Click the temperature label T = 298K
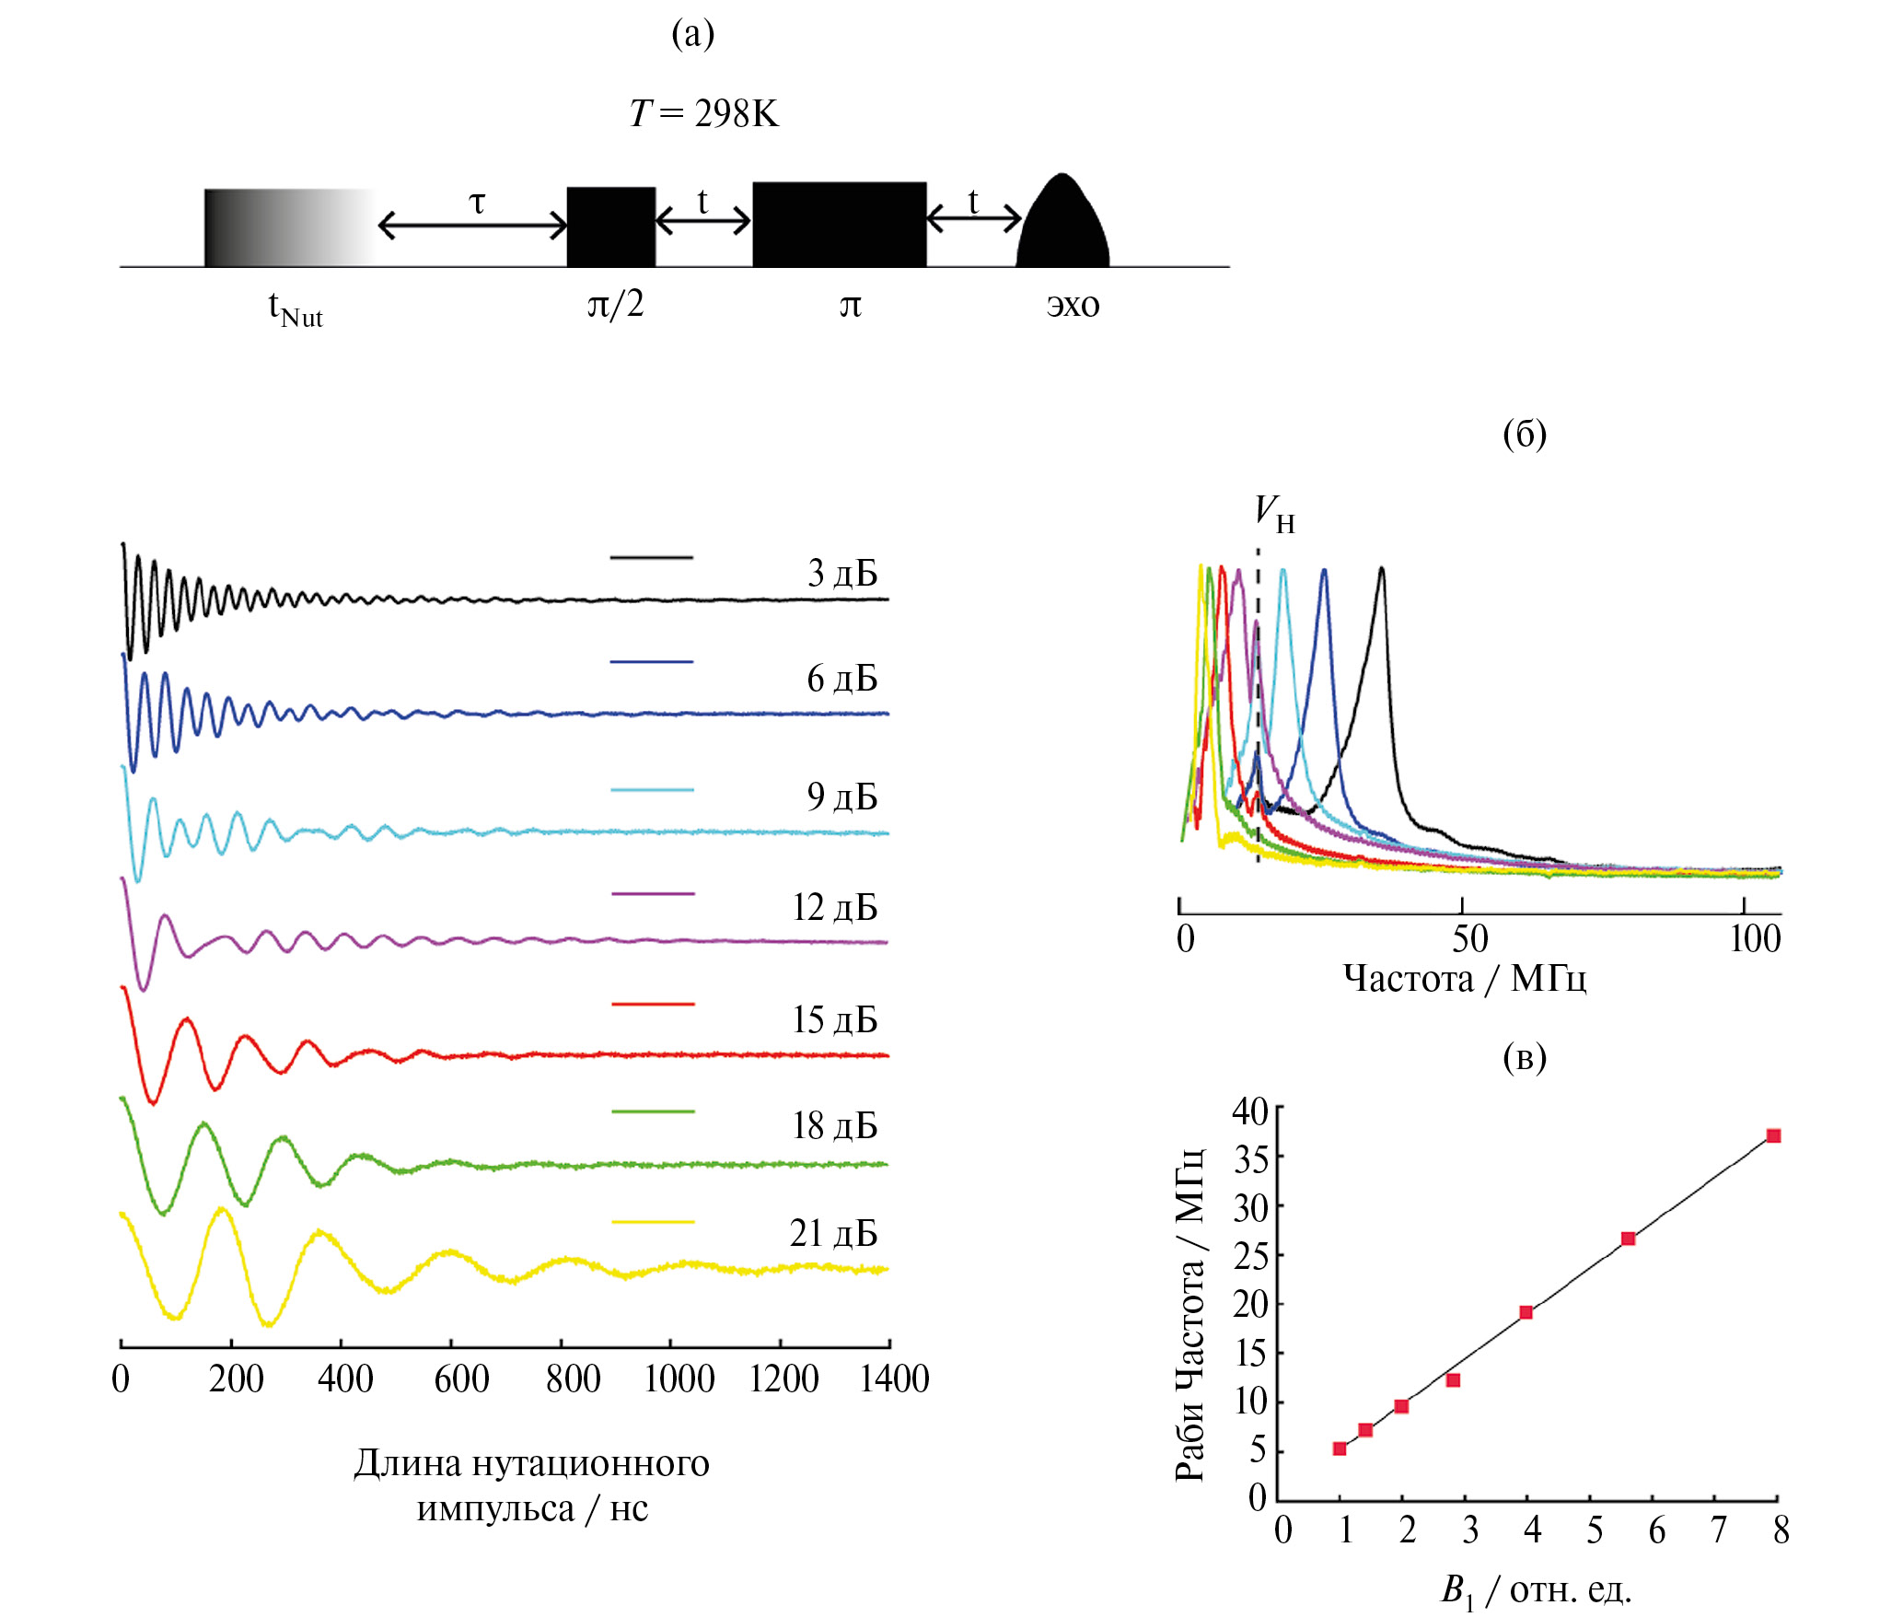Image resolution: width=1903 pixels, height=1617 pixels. pyautogui.click(x=704, y=113)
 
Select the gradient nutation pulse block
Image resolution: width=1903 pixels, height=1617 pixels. pyautogui.click(x=287, y=227)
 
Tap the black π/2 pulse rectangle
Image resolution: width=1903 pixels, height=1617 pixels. pyautogui.click(x=610, y=227)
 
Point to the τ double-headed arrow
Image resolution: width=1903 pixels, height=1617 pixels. pyautogui.click(x=473, y=225)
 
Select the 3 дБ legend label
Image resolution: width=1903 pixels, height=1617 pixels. pyautogui.click(x=841, y=573)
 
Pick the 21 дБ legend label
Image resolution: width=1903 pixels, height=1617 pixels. pyautogui.click(x=833, y=1233)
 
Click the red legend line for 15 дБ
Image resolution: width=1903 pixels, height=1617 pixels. pyautogui.click(x=652, y=1004)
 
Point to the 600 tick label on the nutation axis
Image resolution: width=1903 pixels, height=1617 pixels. pyautogui.click(x=461, y=1379)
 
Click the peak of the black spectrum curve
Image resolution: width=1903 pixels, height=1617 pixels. pyautogui.click(x=1381, y=569)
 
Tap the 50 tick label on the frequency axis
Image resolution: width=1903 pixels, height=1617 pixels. pyautogui.click(x=1469, y=939)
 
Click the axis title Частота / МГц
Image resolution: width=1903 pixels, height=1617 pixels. pyautogui.click(x=1464, y=978)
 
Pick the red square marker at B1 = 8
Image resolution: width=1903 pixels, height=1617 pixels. pyautogui.click(x=1773, y=1135)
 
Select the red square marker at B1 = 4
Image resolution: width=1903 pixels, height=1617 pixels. pyautogui.click(x=1526, y=1312)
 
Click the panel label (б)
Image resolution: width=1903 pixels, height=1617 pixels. pyautogui.click(x=1524, y=434)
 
